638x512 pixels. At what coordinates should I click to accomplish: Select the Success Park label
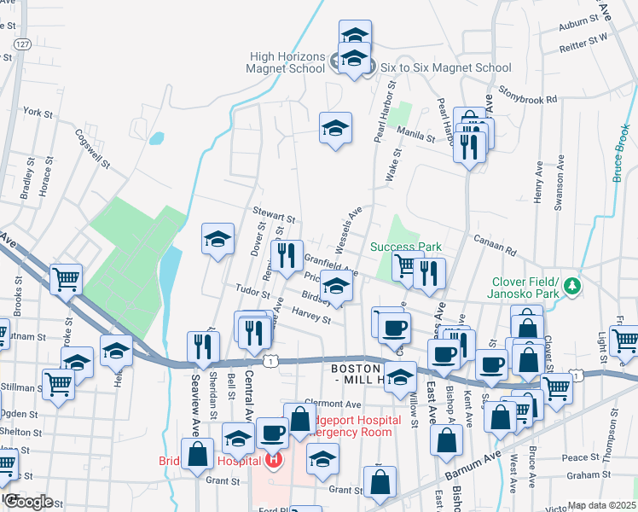pyautogui.click(x=406, y=247)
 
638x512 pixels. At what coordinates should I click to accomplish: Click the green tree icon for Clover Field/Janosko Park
pyautogui.click(x=575, y=283)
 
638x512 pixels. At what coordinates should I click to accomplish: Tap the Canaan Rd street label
pyautogui.click(x=494, y=246)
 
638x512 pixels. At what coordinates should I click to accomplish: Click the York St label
pyautogui.click(x=38, y=112)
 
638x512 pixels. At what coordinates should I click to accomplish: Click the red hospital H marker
pyautogui.click(x=274, y=462)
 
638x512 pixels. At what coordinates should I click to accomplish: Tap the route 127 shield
pyautogui.click(x=22, y=44)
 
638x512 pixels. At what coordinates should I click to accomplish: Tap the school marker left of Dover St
pyautogui.click(x=217, y=239)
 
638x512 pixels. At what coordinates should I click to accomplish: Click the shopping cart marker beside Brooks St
pyautogui.click(x=66, y=278)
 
